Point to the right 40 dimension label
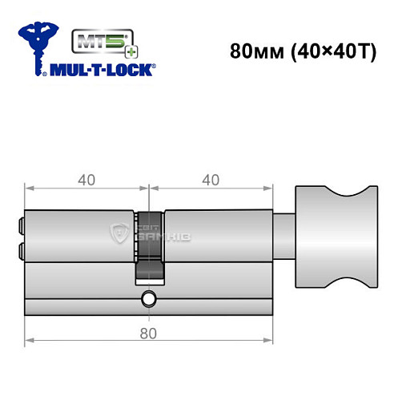tap(211, 180)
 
